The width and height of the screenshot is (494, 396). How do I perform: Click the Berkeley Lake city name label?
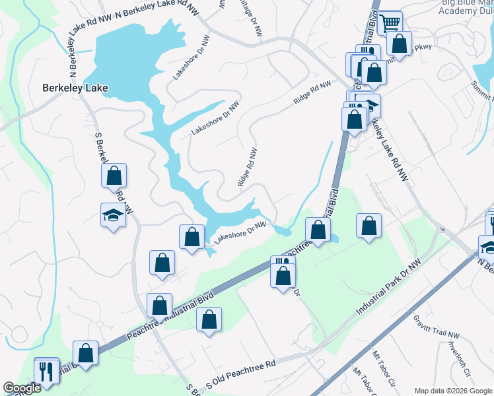point(75,87)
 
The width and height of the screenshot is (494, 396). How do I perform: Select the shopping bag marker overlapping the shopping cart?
point(400,45)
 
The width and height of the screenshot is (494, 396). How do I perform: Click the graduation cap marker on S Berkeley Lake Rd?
point(113,215)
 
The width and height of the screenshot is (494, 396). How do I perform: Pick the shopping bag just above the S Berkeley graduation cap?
point(114,176)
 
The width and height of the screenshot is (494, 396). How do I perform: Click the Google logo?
point(21,388)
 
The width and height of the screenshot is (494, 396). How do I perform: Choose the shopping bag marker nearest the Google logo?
point(85,353)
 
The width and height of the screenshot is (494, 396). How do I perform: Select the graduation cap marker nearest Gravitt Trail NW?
point(489,247)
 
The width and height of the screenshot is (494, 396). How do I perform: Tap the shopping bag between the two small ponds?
point(318,230)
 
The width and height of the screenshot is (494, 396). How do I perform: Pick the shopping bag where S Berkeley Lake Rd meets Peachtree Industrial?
point(159,306)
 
